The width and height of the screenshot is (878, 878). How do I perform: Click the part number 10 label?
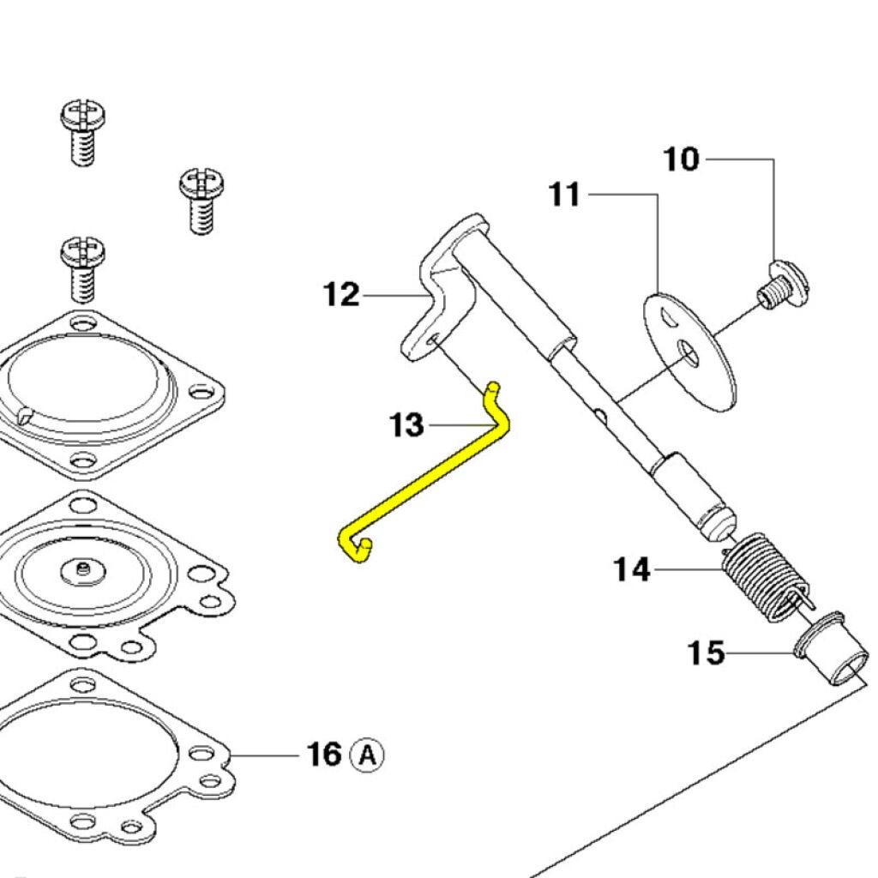pos(682,159)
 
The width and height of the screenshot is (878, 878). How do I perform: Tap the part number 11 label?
pos(565,195)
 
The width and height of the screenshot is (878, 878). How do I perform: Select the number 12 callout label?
pos(341,295)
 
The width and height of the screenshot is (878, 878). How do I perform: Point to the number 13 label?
pos(406,424)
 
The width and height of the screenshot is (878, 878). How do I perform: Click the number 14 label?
pos(632,568)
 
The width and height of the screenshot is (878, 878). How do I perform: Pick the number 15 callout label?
pos(707,653)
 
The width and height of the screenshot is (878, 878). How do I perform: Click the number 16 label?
pos(325,755)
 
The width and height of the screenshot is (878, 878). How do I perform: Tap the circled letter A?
pos(368,755)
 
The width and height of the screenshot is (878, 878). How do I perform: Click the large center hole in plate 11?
pos(689,352)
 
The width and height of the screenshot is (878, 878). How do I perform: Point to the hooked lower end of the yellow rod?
pos(356,548)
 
